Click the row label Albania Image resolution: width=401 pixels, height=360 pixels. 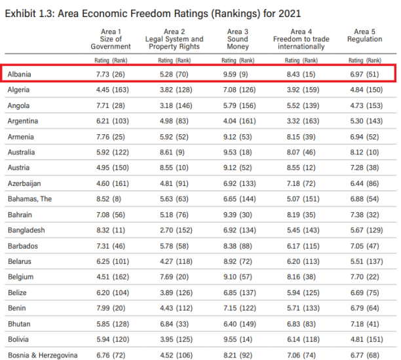tap(20, 74)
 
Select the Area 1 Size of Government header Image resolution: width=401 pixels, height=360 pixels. tap(110, 39)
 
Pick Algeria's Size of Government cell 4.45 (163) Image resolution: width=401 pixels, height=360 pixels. tap(110, 90)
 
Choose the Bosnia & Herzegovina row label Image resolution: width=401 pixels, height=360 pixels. tap(42, 355)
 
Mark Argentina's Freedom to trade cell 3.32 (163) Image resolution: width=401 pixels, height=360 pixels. tap(299, 121)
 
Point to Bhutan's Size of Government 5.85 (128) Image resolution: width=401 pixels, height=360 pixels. tap(110, 323)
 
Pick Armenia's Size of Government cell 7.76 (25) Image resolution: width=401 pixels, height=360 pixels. tap(110, 137)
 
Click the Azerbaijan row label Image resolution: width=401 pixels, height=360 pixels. tap(25, 183)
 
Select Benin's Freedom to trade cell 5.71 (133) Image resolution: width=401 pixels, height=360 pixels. tap(299, 308)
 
